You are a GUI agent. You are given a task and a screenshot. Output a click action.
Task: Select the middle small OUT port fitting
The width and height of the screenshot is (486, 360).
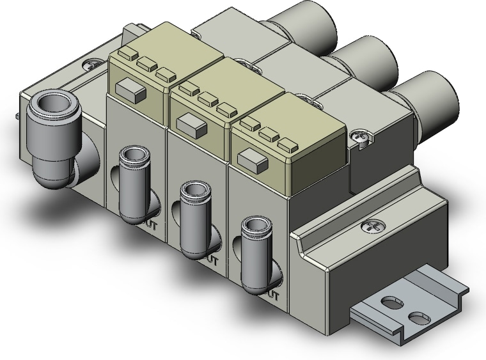192,191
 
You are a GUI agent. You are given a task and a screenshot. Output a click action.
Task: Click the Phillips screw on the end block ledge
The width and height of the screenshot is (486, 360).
370,226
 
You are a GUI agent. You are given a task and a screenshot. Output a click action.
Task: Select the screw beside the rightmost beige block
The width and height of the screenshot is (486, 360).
359,136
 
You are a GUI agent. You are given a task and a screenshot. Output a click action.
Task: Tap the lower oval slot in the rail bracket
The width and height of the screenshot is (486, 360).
418,317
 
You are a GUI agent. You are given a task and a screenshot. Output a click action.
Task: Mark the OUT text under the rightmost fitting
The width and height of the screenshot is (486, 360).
274,295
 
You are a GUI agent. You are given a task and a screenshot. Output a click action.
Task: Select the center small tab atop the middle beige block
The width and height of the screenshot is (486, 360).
206,100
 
